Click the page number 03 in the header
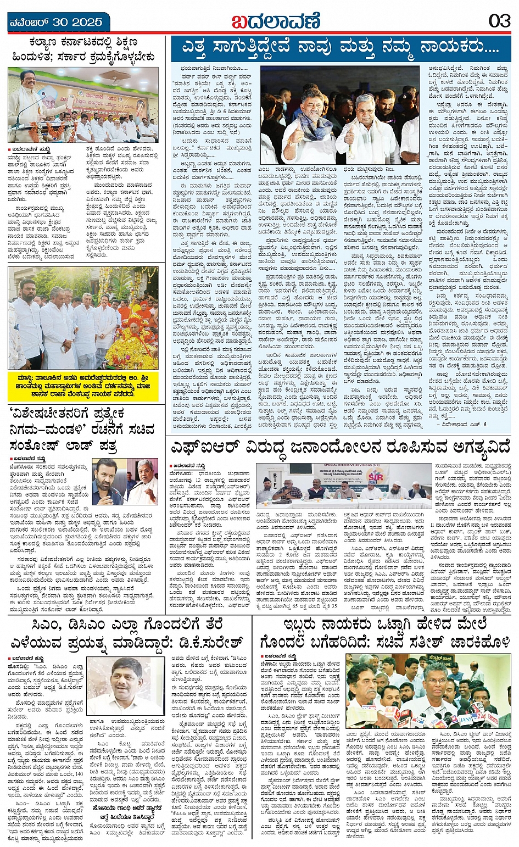point(500,21)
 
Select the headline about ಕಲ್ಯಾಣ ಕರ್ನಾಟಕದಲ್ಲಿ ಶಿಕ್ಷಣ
point(83,49)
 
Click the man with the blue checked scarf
point(309,124)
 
